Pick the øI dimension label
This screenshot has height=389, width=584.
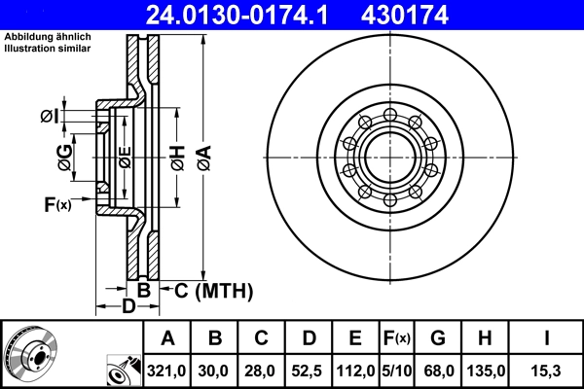[49, 117]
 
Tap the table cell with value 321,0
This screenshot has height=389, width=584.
[167, 370]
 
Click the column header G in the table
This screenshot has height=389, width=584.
[438, 338]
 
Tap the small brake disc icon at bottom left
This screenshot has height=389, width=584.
[29, 354]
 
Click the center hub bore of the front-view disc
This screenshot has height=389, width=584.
[388, 157]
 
